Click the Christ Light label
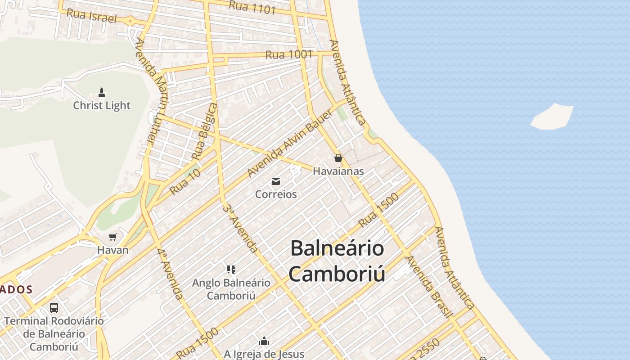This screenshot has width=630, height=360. (x=102, y=106)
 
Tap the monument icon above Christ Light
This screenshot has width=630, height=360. (x=102, y=93)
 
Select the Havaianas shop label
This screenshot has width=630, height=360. (x=338, y=171)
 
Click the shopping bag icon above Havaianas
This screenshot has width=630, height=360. (x=338, y=158)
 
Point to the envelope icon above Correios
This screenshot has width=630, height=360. (x=276, y=181)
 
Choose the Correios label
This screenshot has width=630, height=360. (x=276, y=194)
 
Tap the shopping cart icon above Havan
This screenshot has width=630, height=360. (x=113, y=237)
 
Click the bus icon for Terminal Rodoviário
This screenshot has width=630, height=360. (x=54, y=308)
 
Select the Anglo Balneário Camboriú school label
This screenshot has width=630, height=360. (x=231, y=289)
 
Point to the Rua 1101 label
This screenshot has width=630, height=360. (x=252, y=7)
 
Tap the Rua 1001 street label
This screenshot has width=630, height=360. (x=288, y=55)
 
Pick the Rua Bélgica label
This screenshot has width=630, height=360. (x=204, y=131)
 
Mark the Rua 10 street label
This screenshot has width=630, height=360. (x=185, y=181)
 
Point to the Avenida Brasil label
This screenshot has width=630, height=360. (x=428, y=287)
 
